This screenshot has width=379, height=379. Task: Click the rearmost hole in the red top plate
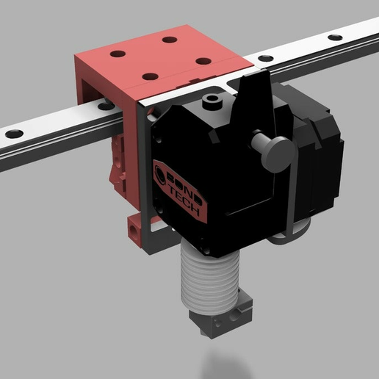[170, 40]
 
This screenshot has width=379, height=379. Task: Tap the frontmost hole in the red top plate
[150, 76]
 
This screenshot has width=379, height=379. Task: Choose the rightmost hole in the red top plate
[204, 61]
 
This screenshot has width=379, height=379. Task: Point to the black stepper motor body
[312, 154]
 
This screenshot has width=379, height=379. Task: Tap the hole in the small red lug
[134, 229]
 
